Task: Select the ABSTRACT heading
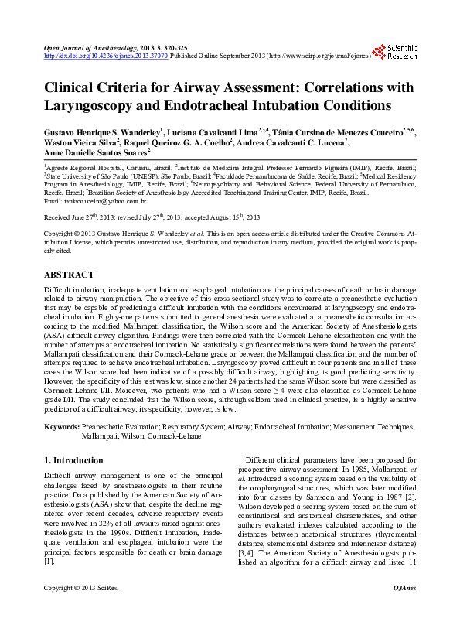pyautogui.click(x=70, y=275)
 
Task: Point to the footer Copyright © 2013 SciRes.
pyautogui.click(x=80, y=610)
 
